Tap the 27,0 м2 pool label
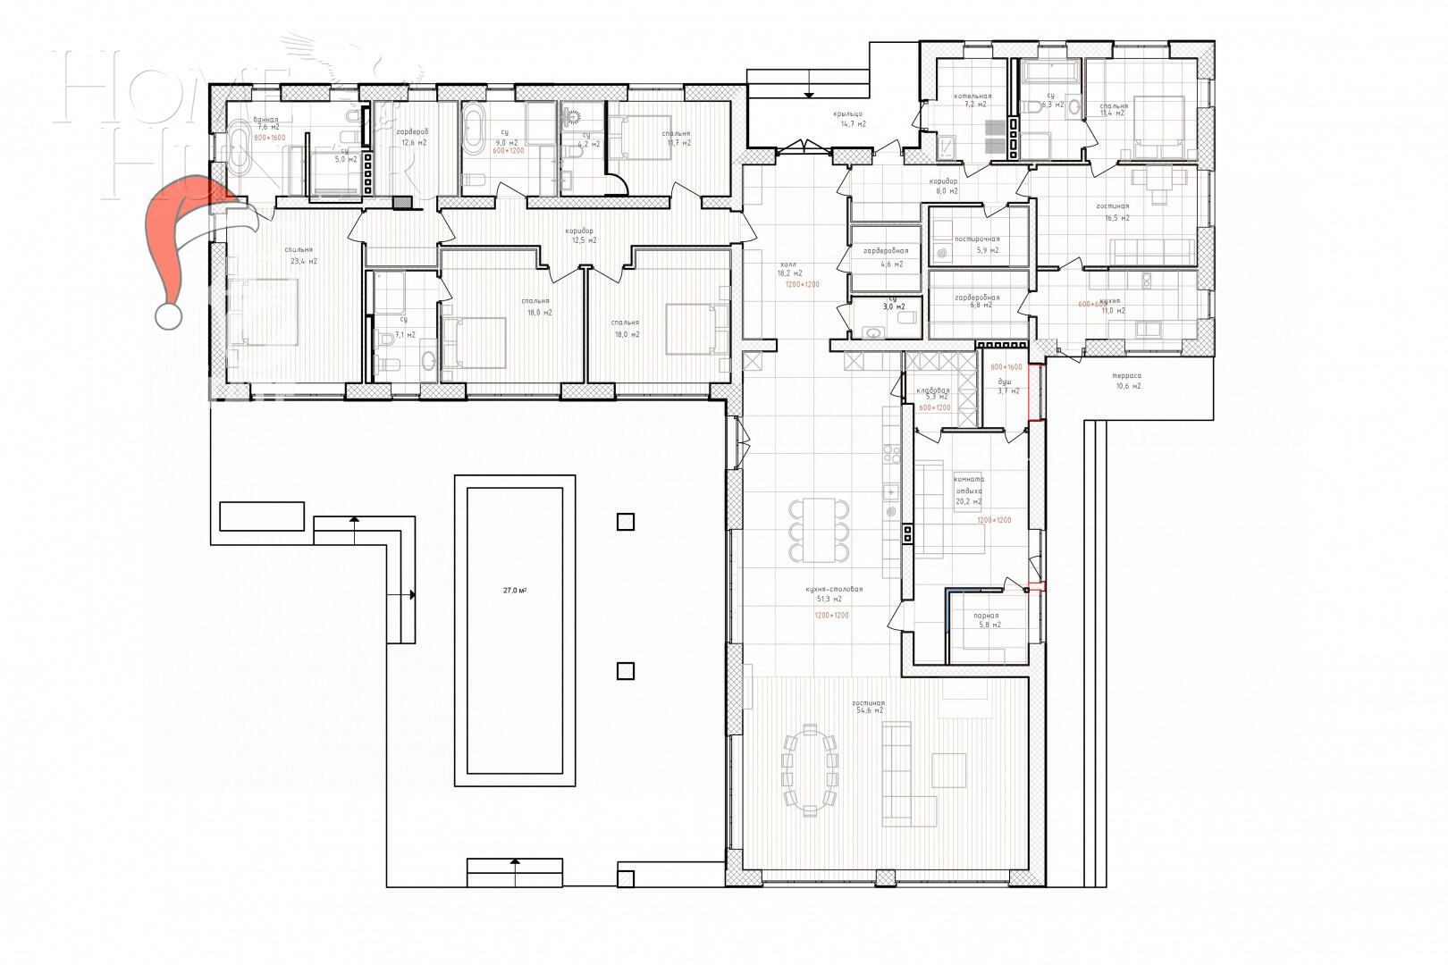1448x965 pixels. point(514,591)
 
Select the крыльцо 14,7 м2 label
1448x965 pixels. point(848,119)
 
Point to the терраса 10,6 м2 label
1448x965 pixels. point(1128,382)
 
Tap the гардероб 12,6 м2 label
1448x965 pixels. point(412,137)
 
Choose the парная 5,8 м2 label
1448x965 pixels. point(987,619)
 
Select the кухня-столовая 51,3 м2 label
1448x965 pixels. point(832,595)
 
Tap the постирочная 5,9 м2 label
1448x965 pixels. point(976,245)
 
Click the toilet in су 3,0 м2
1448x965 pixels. point(904,317)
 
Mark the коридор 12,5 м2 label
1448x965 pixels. point(579,236)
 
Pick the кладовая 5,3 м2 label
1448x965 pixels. point(934,394)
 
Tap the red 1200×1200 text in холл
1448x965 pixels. point(802,284)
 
